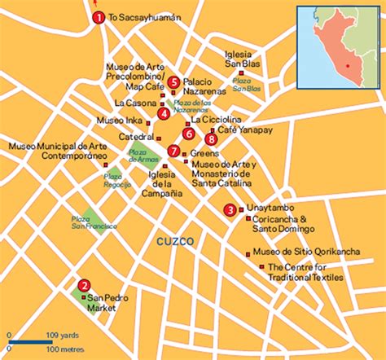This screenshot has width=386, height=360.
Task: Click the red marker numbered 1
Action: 98,17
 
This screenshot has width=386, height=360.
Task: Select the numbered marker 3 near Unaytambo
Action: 230,210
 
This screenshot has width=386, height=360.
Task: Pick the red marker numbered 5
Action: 173,81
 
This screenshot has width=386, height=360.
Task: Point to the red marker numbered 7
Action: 173,150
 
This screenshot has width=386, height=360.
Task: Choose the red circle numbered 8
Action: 212,139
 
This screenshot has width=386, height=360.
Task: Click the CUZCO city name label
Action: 176,243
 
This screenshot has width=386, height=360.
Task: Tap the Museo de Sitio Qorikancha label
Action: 306,252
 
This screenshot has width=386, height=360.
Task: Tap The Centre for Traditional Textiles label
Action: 305,272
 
